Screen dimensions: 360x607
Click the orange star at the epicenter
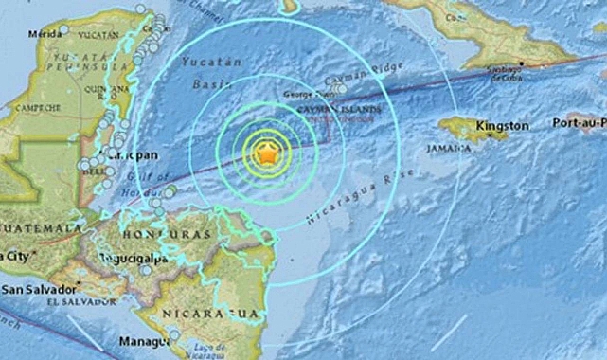coord(268,152)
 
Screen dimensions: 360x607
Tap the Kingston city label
coord(504,125)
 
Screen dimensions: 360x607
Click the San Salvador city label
coord(31,288)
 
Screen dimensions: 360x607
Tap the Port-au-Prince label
coord(577,125)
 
